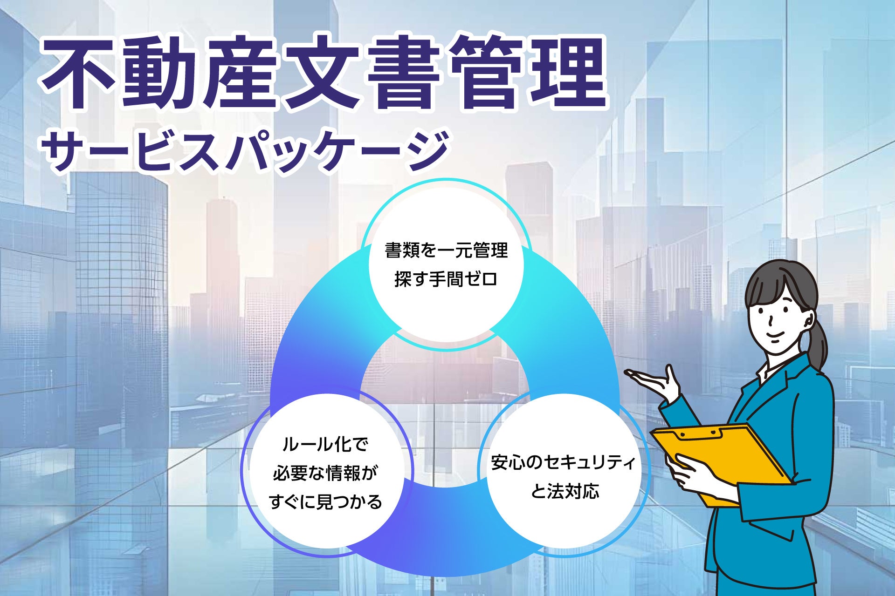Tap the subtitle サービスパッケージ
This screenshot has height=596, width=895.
click(x=245, y=150)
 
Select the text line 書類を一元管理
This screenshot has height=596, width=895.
click(x=446, y=251)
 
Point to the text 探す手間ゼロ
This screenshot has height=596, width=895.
click(x=446, y=279)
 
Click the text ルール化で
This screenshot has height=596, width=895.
click(x=325, y=445)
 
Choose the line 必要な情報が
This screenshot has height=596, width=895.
click(x=325, y=473)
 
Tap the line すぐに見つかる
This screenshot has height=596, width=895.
click(x=325, y=502)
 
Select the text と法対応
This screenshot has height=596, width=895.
click(x=565, y=491)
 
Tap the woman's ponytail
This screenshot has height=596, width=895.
click(x=818, y=340)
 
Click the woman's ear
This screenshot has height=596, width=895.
click(x=809, y=320)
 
